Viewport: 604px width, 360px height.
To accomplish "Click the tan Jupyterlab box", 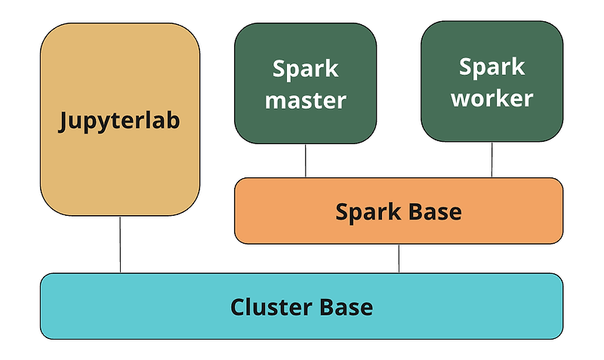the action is click(120, 119).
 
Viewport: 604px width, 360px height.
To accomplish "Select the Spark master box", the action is click(306, 83).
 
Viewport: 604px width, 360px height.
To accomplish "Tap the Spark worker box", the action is click(492, 82).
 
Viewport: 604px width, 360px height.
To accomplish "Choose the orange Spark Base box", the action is click(399, 211).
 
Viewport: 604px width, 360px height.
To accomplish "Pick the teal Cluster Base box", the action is click(301, 306).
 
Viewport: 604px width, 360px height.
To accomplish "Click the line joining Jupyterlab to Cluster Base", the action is click(120, 245).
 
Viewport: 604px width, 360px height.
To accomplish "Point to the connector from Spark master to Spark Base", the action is click(306, 161).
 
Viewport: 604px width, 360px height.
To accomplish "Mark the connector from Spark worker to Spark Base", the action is click(492, 160).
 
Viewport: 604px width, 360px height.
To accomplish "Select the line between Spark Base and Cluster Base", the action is click(399, 258).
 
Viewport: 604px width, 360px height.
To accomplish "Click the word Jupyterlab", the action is click(119, 121).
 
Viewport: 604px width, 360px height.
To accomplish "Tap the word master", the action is click(306, 100).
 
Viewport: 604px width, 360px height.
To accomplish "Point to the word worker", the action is click(492, 98).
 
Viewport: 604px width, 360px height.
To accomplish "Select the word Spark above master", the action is click(306, 69).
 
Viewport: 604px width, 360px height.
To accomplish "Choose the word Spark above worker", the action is click(492, 68).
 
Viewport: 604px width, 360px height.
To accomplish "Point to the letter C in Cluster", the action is click(239, 307).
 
